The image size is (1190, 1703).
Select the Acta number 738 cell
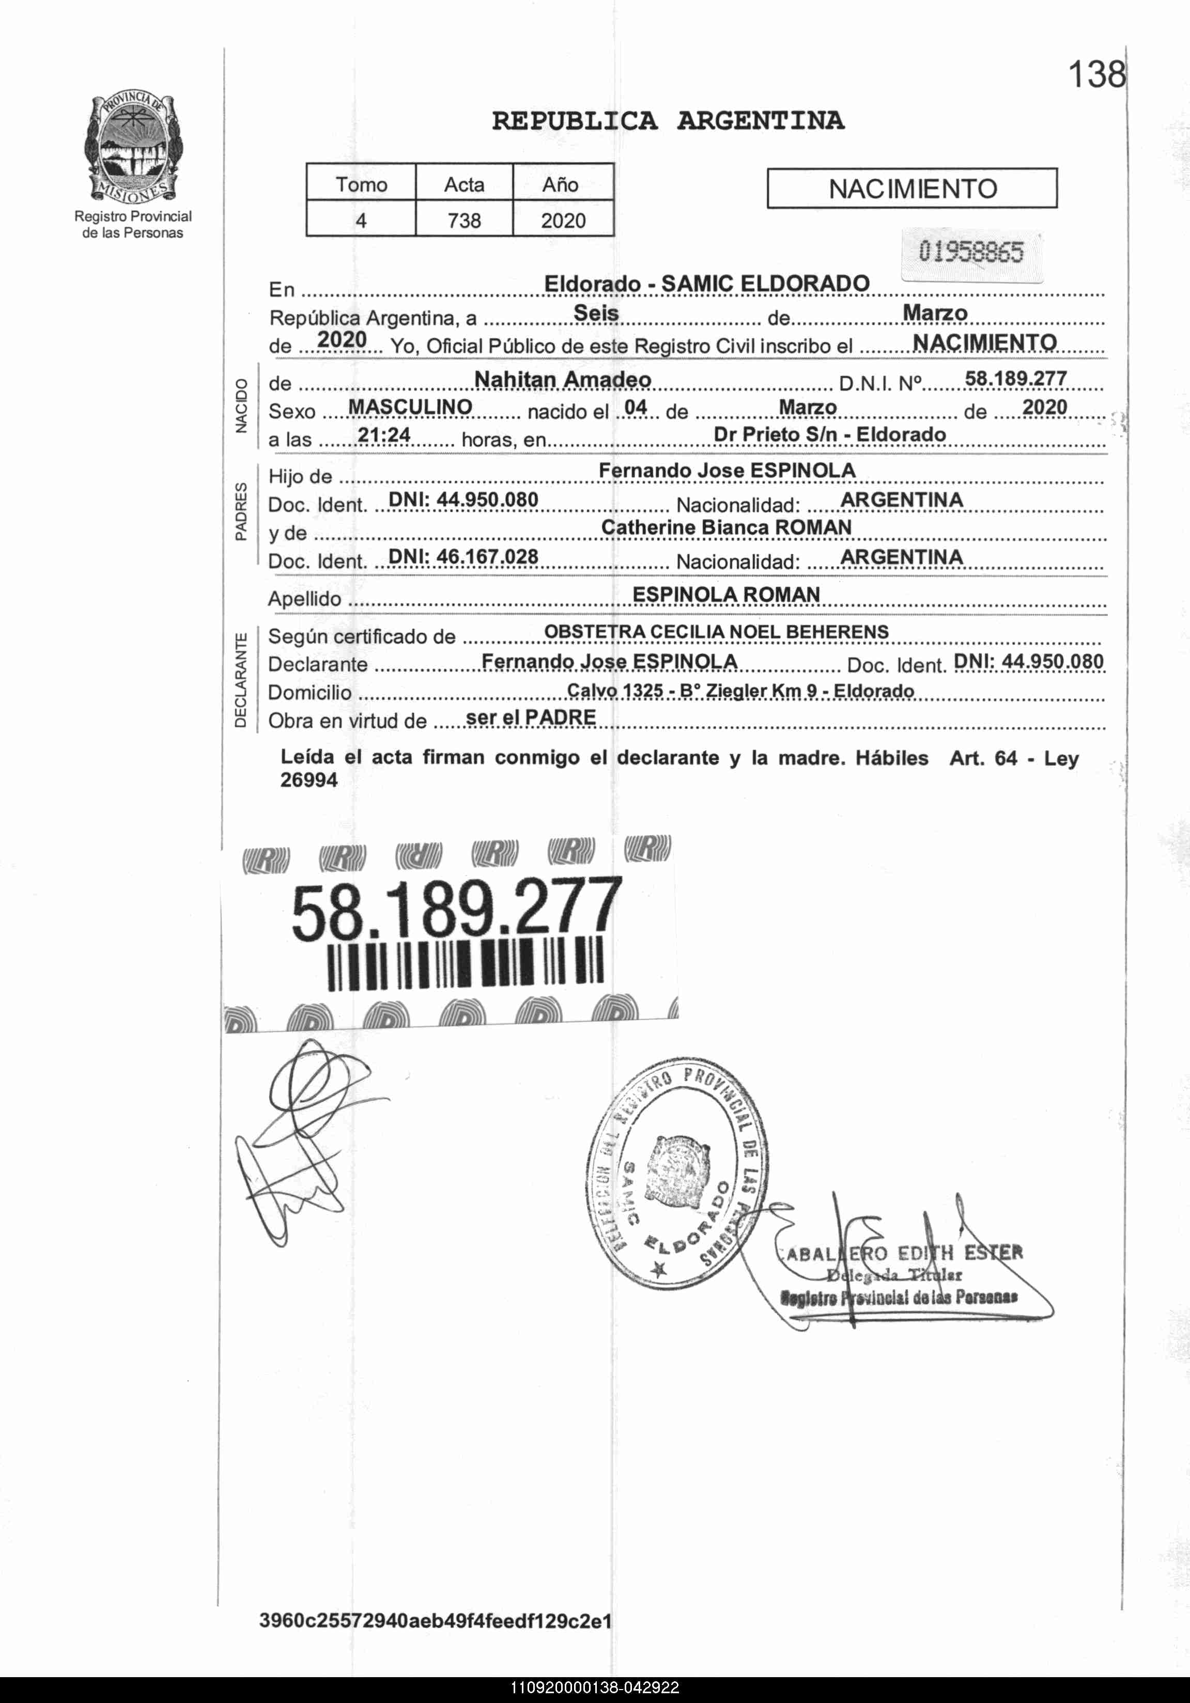(463, 220)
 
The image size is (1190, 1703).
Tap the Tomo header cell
(361, 184)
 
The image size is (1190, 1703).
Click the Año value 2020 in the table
(563, 220)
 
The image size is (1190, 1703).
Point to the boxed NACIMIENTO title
(912, 189)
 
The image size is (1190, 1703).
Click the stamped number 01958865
(970, 252)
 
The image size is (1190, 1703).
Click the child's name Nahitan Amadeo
(562, 380)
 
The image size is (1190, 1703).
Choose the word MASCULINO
(410, 407)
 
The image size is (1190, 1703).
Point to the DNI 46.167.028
(463, 556)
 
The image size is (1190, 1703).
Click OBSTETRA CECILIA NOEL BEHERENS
(716, 632)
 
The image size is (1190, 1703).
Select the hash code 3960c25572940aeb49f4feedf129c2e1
(436, 1621)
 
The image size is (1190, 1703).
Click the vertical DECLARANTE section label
(240, 680)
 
